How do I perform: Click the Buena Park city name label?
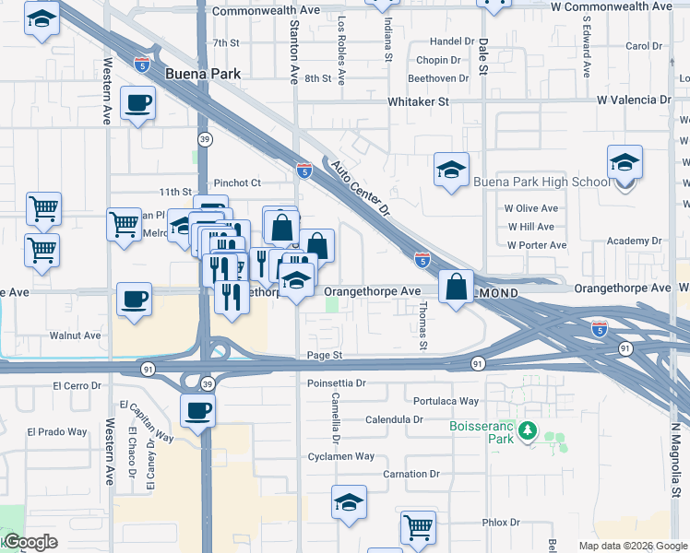pos(202,73)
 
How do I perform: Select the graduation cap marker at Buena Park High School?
pos(625,163)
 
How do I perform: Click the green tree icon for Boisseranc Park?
pos(527,430)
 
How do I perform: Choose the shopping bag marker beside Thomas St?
pos(456,287)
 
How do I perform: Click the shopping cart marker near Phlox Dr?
pos(418,528)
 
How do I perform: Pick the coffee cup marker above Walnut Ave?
pos(135,300)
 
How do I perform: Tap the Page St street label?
pos(325,355)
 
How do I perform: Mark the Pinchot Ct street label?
pos(238,183)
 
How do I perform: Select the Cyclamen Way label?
pos(341,456)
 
